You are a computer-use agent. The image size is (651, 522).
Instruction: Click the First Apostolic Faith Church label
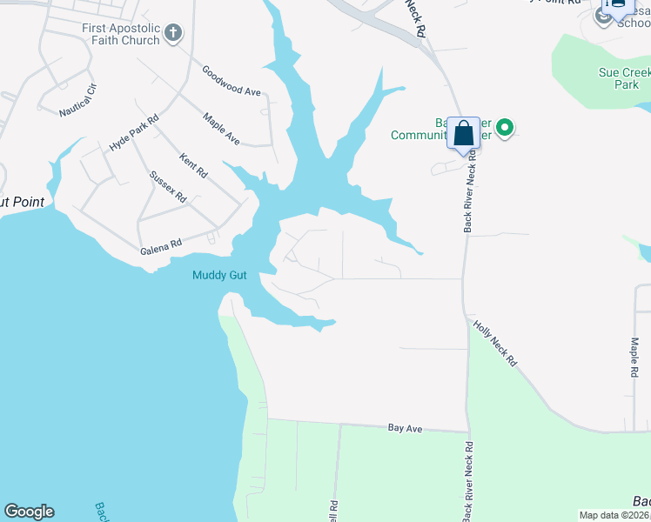tap(121, 34)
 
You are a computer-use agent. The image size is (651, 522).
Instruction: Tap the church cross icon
tap(173, 34)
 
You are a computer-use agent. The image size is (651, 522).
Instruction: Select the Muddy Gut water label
tap(219, 276)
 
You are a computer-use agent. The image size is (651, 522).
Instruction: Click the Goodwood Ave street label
tap(231, 81)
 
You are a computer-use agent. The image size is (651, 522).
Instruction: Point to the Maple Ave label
tap(221, 128)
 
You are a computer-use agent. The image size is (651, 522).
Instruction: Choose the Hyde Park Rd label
tap(134, 133)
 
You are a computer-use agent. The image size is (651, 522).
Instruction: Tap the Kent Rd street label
tap(192, 166)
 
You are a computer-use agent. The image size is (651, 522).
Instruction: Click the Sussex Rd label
tap(168, 186)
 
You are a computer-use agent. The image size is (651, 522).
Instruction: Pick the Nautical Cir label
tap(78, 100)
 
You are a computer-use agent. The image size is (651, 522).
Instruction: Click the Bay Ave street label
tap(405, 429)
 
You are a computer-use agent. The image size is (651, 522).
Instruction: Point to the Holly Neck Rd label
tap(495, 345)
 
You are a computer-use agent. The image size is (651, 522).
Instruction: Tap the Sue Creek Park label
tap(620, 79)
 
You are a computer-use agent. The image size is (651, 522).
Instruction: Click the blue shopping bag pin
tap(464, 135)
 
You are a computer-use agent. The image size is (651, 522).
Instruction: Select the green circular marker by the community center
tap(504, 129)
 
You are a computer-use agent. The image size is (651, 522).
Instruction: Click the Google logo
tap(29, 512)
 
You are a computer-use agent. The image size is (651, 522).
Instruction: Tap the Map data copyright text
tap(614, 515)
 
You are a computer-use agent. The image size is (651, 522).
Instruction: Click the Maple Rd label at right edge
tap(634, 357)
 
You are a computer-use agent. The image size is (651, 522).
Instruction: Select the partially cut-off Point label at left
tap(21, 202)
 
